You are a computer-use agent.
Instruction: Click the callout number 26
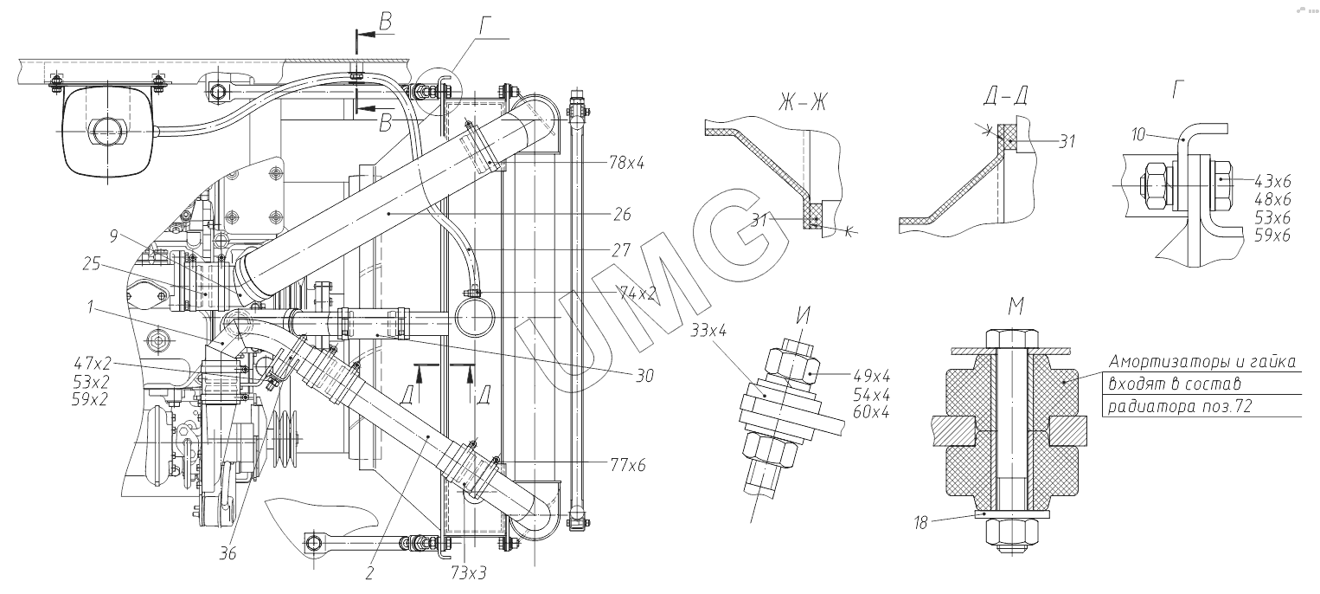click(x=622, y=214)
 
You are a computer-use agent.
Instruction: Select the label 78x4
click(x=627, y=162)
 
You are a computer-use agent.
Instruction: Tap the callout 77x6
click(x=628, y=465)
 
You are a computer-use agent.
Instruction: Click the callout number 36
click(x=227, y=553)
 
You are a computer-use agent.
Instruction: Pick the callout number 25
click(x=92, y=263)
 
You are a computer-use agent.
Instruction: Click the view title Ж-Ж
click(x=802, y=102)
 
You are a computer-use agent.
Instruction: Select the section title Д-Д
click(x=1005, y=95)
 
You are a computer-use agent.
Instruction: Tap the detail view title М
click(x=1016, y=307)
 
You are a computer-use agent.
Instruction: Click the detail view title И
click(x=803, y=315)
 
